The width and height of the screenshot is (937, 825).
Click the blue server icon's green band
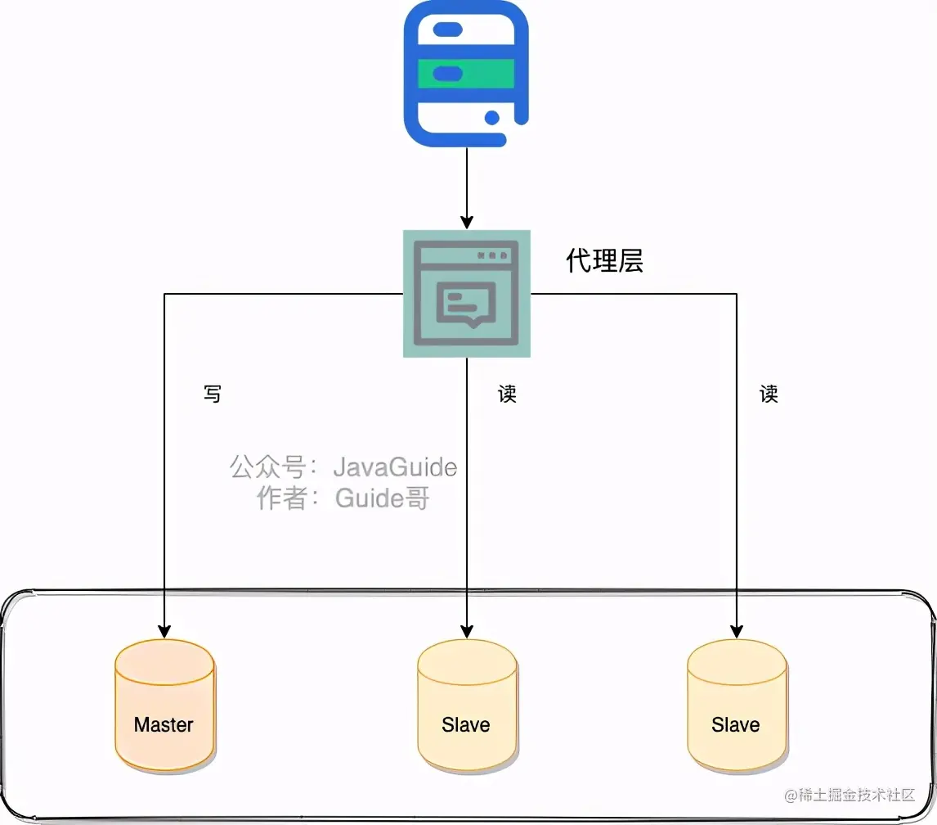466,74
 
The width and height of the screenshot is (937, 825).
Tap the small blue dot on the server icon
491,118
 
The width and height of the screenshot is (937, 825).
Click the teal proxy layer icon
466,293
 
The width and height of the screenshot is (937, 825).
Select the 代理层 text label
604,260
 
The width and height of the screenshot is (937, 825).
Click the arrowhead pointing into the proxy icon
466,222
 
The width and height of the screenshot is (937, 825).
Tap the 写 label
212,394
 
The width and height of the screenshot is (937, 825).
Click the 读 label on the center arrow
507,394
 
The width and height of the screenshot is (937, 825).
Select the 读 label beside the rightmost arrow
769,394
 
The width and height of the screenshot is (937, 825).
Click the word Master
164,724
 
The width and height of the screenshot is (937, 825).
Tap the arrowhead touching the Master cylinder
164,631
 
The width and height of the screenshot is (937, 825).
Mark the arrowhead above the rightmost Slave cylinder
737,631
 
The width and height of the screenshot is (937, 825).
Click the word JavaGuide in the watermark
395,467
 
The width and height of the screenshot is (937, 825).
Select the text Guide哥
382,498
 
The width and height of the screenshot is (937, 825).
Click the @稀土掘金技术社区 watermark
850,795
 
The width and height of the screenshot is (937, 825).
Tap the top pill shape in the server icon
447,29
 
